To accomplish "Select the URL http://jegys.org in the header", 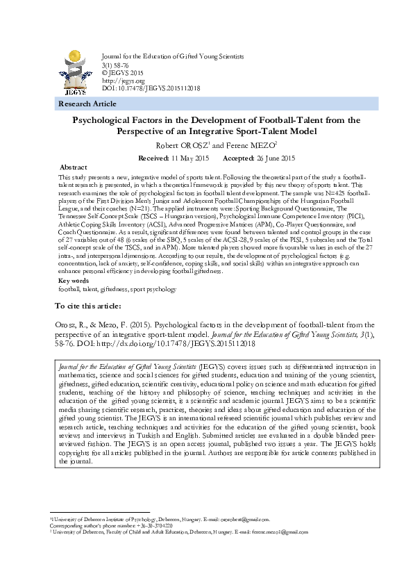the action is [x=118, y=81].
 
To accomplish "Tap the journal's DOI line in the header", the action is [x=151, y=88].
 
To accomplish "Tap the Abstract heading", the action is [x=74, y=168].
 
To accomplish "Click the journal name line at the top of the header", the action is [x=173, y=56].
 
